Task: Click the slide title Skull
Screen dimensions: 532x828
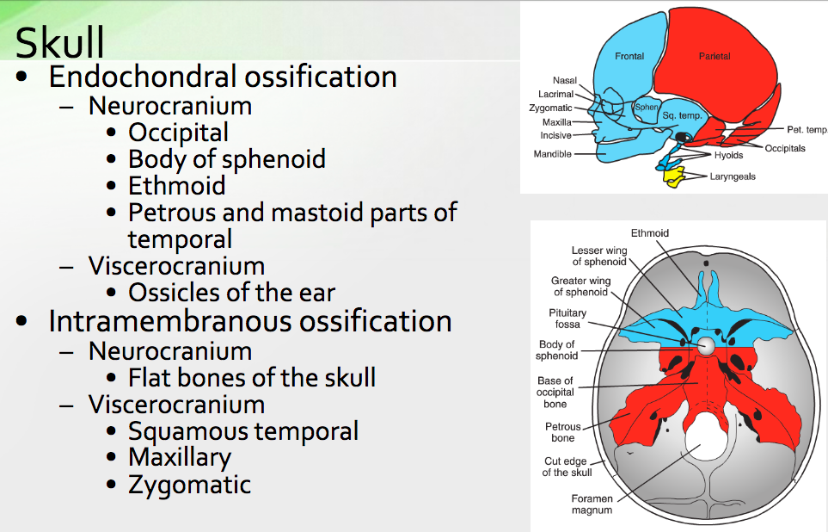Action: pos(60,41)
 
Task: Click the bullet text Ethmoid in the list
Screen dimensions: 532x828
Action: pos(176,185)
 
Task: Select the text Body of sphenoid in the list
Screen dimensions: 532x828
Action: pos(226,159)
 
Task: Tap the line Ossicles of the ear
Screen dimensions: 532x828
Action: pos(231,293)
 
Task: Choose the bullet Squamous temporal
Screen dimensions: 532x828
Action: pos(242,430)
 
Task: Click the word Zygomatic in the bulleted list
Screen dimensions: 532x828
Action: pos(189,484)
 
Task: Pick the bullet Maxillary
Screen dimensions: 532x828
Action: pos(179,457)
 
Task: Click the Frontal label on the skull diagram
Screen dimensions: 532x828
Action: pos(629,56)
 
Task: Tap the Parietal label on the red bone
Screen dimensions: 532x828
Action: pos(715,56)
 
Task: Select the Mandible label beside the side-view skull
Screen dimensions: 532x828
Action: pos(552,154)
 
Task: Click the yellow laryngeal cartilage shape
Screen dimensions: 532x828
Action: pos(675,178)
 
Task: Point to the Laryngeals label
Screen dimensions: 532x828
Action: pos(733,176)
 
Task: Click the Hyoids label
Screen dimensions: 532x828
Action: pos(728,156)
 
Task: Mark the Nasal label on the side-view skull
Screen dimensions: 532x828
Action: pos(565,80)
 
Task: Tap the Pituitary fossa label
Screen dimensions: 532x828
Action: pos(567,319)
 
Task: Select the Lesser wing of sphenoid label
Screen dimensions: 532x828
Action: pos(599,256)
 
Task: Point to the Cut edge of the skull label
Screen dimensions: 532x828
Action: pos(567,467)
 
